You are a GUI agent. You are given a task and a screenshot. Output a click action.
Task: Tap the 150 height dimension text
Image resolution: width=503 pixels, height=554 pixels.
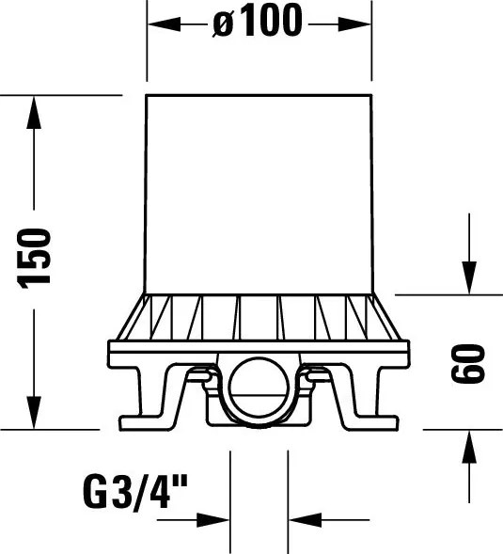[34, 259]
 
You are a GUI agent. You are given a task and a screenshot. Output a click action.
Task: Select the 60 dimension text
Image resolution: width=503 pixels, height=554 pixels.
[468, 364]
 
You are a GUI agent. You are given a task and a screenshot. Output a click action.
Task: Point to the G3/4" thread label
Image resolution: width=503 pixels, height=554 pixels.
[135, 492]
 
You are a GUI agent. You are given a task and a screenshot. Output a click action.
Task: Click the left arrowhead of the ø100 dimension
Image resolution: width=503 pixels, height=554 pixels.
[164, 24]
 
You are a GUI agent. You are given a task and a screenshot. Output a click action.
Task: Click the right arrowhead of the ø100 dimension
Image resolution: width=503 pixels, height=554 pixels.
[354, 24]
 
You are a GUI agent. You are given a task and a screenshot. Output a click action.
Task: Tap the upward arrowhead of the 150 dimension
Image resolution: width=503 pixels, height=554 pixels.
[34, 112]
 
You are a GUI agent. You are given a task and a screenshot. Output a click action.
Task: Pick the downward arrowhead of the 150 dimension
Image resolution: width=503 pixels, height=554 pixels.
[34, 413]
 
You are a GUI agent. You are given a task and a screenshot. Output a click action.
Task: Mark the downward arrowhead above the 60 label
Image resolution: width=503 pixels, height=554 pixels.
[469, 277]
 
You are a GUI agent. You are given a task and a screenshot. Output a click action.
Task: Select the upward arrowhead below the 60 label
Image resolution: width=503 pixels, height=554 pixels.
[469, 447]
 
